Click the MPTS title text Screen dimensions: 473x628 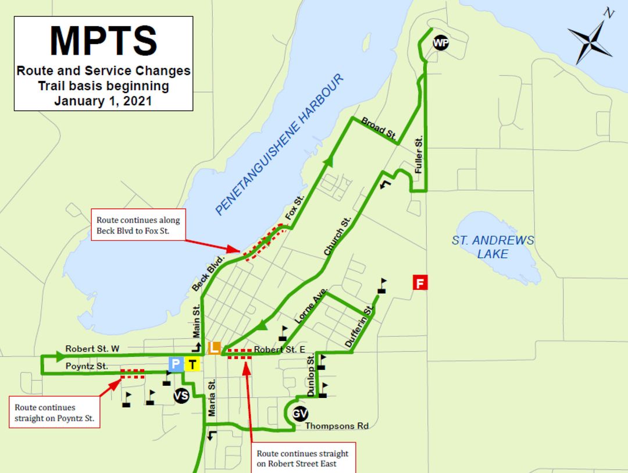(104, 41)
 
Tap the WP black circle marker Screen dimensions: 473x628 (441, 42)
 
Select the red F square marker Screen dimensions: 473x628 (420, 283)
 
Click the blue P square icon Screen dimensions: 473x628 (175, 364)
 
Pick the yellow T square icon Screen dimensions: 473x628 (193, 365)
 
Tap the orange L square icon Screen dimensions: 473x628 (214, 348)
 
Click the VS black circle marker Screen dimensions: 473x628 (181, 396)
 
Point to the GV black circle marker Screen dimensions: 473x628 (299, 414)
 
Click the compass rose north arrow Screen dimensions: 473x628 (591, 38)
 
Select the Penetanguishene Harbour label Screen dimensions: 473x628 (280, 145)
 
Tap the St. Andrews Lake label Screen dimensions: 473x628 (493, 247)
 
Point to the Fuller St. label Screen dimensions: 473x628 (418, 155)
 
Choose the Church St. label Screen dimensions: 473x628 (338, 237)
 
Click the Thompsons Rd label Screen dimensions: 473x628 (337, 426)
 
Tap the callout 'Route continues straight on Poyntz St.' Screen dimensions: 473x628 (54, 412)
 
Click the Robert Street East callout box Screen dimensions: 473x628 (302, 458)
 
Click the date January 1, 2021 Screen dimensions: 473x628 (104, 101)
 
